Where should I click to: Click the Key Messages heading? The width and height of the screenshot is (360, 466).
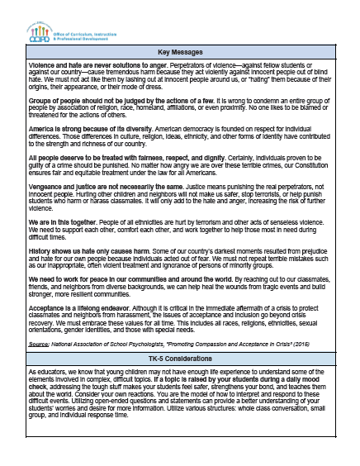(x=179, y=53)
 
